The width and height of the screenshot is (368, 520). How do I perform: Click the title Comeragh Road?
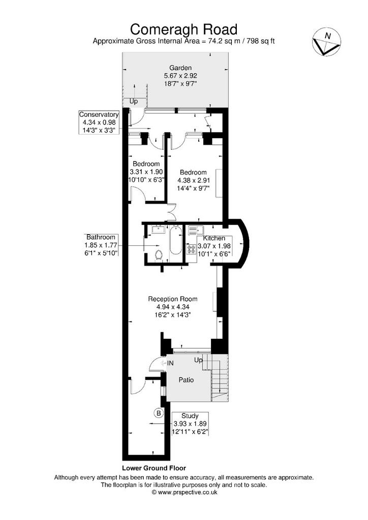(x=183, y=29)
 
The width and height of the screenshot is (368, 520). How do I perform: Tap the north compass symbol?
(x=326, y=42)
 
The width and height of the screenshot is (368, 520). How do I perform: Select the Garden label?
(x=180, y=68)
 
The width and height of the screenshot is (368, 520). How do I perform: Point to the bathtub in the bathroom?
(x=175, y=240)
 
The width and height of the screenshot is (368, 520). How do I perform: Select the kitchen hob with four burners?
(x=192, y=249)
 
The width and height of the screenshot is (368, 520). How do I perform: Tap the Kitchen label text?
(x=214, y=238)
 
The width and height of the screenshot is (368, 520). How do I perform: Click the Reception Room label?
(x=172, y=299)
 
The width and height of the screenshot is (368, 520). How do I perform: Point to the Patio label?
(x=186, y=380)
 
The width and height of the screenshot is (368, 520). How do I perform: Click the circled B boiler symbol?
(x=159, y=413)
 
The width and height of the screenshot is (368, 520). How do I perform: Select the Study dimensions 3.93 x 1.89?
(x=190, y=424)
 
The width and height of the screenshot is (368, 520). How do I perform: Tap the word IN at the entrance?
(x=170, y=363)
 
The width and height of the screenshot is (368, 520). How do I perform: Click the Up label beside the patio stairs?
(x=198, y=360)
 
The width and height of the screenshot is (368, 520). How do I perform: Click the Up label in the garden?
(x=133, y=101)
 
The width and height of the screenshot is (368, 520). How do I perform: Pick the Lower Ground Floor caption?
(x=154, y=468)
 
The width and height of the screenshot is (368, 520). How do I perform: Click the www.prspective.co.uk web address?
(x=188, y=493)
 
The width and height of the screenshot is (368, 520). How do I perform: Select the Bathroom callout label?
(x=101, y=237)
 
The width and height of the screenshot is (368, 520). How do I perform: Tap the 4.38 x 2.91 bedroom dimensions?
(x=194, y=181)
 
